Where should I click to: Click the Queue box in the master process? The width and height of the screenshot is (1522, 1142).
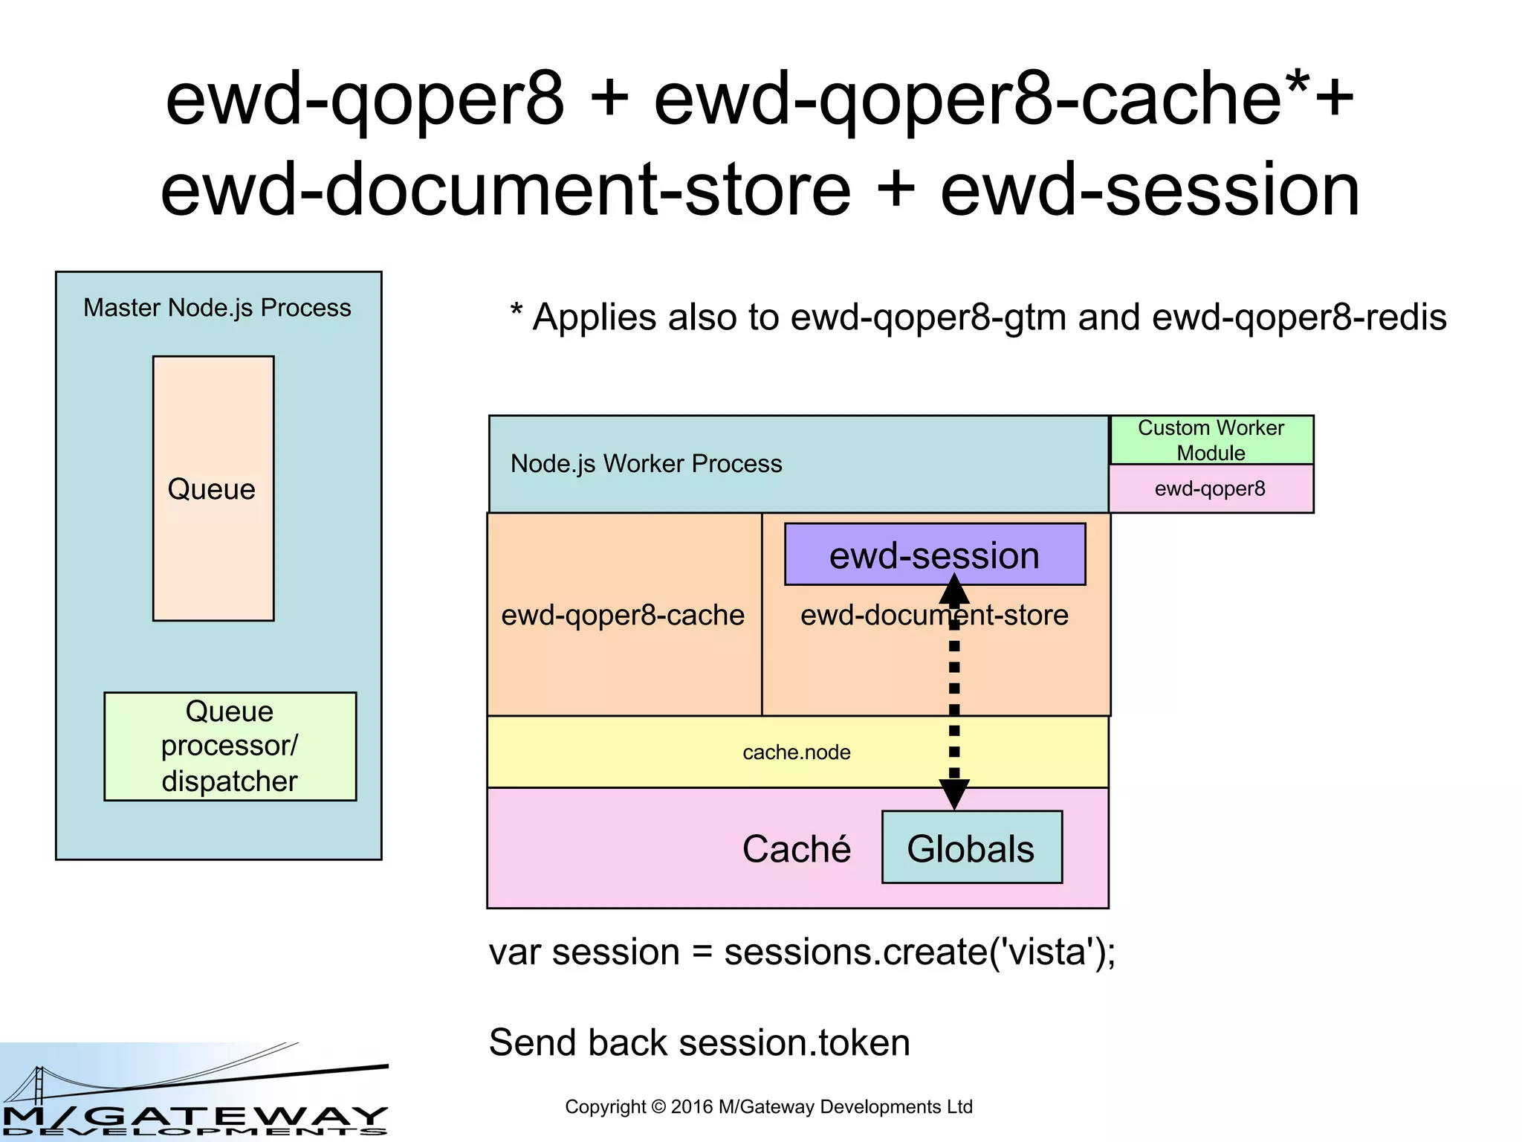(x=213, y=488)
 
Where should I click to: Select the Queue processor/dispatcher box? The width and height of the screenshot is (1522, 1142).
(x=230, y=746)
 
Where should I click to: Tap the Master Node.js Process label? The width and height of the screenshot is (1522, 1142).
(x=217, y=308)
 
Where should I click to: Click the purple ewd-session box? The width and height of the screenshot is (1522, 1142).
(x=934, y=555)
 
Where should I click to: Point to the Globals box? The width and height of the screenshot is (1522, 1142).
(x=971, y=848)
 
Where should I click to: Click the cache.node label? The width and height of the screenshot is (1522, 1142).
(x=796, y=752)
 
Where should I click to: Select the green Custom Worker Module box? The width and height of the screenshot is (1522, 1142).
(x=1211, y=440)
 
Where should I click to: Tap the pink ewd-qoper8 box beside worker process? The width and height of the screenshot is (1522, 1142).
(x=1211, y=488)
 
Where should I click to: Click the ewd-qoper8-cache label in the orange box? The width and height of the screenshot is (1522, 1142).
(x=623, y=615)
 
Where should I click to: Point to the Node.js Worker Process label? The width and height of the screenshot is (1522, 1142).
(x=646, y=464)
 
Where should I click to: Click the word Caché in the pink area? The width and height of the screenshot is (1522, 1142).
(x=796, y=849)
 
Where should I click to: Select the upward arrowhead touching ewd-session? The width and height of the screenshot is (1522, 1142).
(x=954, y=590)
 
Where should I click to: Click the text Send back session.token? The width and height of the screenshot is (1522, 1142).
(x=699, y=1042)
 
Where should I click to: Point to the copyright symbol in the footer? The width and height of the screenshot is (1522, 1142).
(x=658, y=1107)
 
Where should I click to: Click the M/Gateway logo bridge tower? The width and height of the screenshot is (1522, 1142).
(x=39, y=1085)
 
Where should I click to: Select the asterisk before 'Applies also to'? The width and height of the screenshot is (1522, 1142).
(x=516, y=311)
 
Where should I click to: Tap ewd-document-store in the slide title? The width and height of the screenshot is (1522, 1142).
(x=505, y=190)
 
